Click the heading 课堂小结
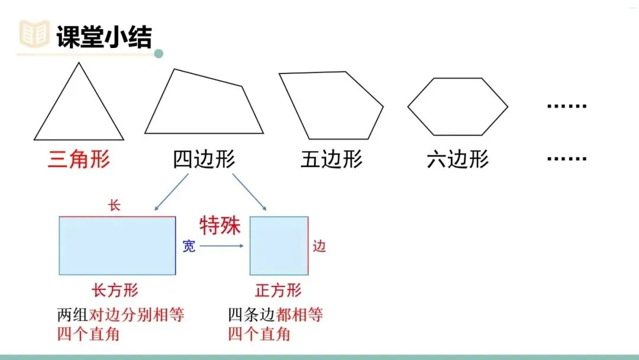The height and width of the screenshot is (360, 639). click(104, 37)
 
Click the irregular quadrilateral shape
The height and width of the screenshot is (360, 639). click(201, 107)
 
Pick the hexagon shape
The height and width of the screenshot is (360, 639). click(457, 107)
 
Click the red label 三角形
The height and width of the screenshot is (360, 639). click(79, 160)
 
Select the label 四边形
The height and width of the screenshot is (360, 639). click(204, 160)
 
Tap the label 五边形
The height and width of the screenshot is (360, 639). click(331, 160)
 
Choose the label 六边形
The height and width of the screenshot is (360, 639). click(457, 160)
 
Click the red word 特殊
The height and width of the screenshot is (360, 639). click(220, 226)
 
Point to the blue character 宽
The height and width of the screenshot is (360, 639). click(188, 246)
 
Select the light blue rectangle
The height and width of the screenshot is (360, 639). click(117, 246)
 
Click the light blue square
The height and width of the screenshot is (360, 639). click(279, 246)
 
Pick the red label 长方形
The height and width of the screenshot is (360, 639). click(115, 290)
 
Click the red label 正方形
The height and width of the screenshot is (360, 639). click(278, 290)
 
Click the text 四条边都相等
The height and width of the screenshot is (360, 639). click(276, 314)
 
